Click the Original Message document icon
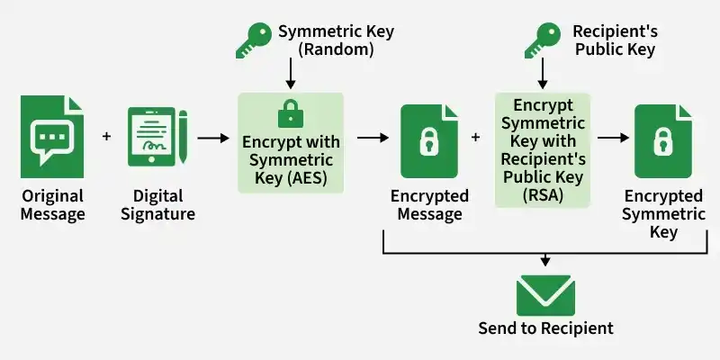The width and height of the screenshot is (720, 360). coord(52,137)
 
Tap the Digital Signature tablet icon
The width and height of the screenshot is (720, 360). coord(151,137)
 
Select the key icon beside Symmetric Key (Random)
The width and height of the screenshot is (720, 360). coord(254,40)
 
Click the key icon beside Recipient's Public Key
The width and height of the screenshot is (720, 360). coord(543,40)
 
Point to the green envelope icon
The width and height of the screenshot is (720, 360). coord(545,295)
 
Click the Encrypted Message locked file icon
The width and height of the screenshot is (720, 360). coord(429,141)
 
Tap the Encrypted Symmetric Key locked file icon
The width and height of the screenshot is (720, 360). coord(663,141)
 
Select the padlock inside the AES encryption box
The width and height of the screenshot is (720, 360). coord(291,113)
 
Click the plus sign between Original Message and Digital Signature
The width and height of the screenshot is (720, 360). coord(106,137)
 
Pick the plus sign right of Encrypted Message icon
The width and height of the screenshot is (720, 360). coord(476,137)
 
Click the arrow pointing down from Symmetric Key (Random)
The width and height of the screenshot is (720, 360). coord(290,74)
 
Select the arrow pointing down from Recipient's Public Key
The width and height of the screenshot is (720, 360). coord(543,74)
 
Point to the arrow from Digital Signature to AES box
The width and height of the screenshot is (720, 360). coord(213,138)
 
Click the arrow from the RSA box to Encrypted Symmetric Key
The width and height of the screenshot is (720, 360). coord(613,138)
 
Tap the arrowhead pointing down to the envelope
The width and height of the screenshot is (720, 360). coord(545,262)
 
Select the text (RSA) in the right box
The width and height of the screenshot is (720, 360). coord(543,195)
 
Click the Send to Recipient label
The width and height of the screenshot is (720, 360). coord(545,328)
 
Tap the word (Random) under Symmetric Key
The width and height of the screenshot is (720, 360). coord(336,49)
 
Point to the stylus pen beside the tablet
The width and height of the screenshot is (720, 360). coord(183,137)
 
